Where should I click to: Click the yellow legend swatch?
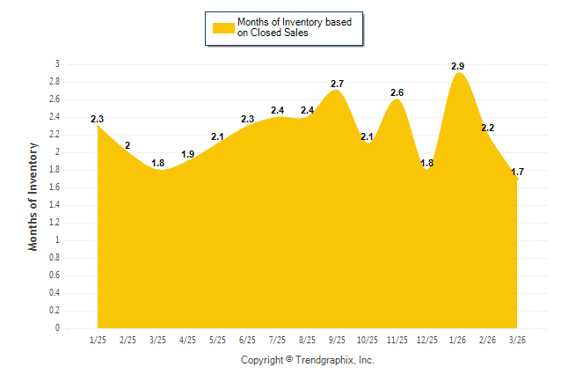[223, 27]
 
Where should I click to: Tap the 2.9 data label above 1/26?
[457, 66]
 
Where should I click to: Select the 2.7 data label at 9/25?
[338, 84]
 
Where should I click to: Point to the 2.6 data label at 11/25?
[397, 92]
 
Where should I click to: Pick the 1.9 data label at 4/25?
[188, 154]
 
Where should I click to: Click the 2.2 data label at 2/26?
[487, 128]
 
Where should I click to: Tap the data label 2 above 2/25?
[127, 145]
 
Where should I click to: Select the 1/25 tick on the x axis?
[98, 339]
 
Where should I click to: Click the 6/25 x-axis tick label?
[247, 339]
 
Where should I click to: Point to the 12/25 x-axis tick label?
[426, 339]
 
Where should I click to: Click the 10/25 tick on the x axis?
[367, 339]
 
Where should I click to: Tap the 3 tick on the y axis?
[57, 64]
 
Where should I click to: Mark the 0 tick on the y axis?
[57, 328]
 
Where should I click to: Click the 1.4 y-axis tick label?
[55, 205]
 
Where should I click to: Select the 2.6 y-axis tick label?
[55, 99]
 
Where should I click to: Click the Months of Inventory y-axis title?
[33, 196]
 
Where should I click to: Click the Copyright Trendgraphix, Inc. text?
[308, 360]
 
